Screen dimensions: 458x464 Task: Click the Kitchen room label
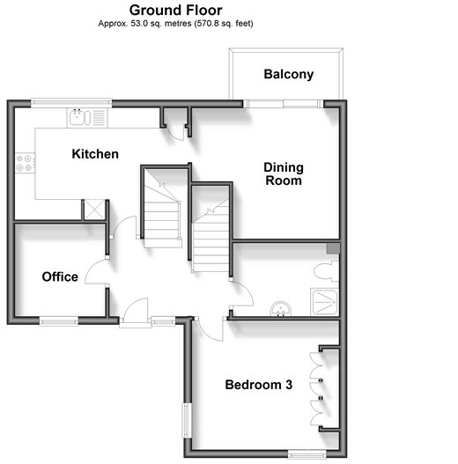point(95,154)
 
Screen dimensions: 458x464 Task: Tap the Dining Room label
point(284,174)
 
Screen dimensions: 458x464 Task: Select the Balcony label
point(289,75)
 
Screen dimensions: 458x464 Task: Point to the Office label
point(60,277)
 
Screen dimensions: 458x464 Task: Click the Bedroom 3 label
point(259,385)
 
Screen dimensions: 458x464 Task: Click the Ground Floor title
point(176,11)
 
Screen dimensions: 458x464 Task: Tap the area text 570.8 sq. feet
point(224,24)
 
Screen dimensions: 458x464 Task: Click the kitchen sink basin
point(77,117)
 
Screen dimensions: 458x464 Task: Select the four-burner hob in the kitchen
point(25,163)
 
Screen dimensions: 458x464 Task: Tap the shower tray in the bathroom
point(325,302)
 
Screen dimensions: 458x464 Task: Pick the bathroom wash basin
point(281,309)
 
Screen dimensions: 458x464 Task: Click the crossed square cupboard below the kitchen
point(94,210)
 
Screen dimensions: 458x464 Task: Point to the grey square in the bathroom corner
point(333,248)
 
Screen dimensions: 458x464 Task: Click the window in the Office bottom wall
point(59,321)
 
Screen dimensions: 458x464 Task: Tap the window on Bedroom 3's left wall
point(187,421)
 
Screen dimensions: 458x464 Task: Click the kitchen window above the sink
point(71,102)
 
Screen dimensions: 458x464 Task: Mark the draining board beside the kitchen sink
point(100,117)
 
